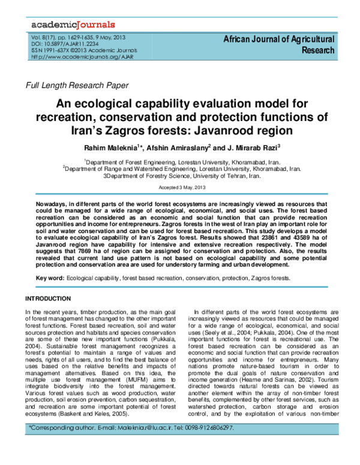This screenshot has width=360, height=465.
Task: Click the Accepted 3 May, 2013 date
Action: click(181, 188)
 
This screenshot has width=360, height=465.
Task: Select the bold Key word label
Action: click(50, 279)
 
